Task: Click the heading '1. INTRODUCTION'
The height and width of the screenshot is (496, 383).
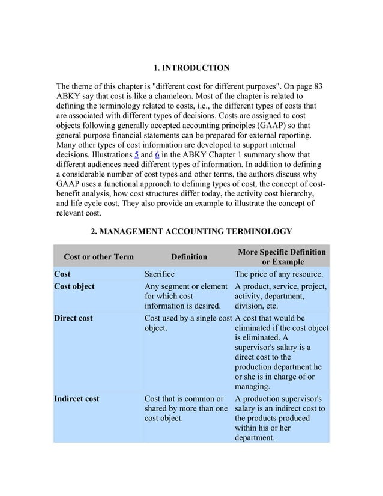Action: (x=191, y=67)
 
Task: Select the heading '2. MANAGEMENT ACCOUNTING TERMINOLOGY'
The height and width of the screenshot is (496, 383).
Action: (x=191, y=231)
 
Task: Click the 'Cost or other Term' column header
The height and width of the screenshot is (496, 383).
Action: (x=98, y=257)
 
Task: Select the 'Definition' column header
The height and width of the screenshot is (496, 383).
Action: (x=189, y=257)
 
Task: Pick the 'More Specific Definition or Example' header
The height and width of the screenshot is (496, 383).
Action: (x=282, y=257)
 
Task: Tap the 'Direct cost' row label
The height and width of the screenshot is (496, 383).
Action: (x=73, y=318)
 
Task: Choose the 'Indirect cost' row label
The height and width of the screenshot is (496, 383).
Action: (x=76, y=398)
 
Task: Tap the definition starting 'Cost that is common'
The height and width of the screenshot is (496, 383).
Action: (x=185, y=408)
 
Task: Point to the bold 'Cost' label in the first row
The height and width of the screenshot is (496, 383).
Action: (x=62, y=274)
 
